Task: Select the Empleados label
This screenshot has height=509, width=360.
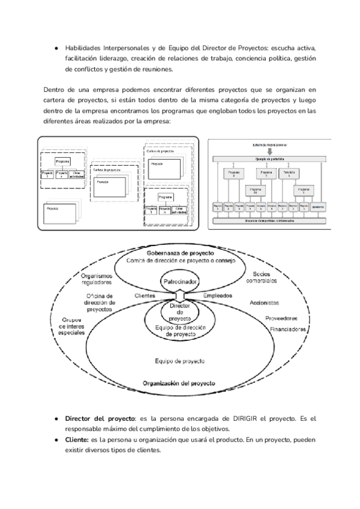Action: pos(220,296)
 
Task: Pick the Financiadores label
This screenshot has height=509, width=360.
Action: pos(288,330)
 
